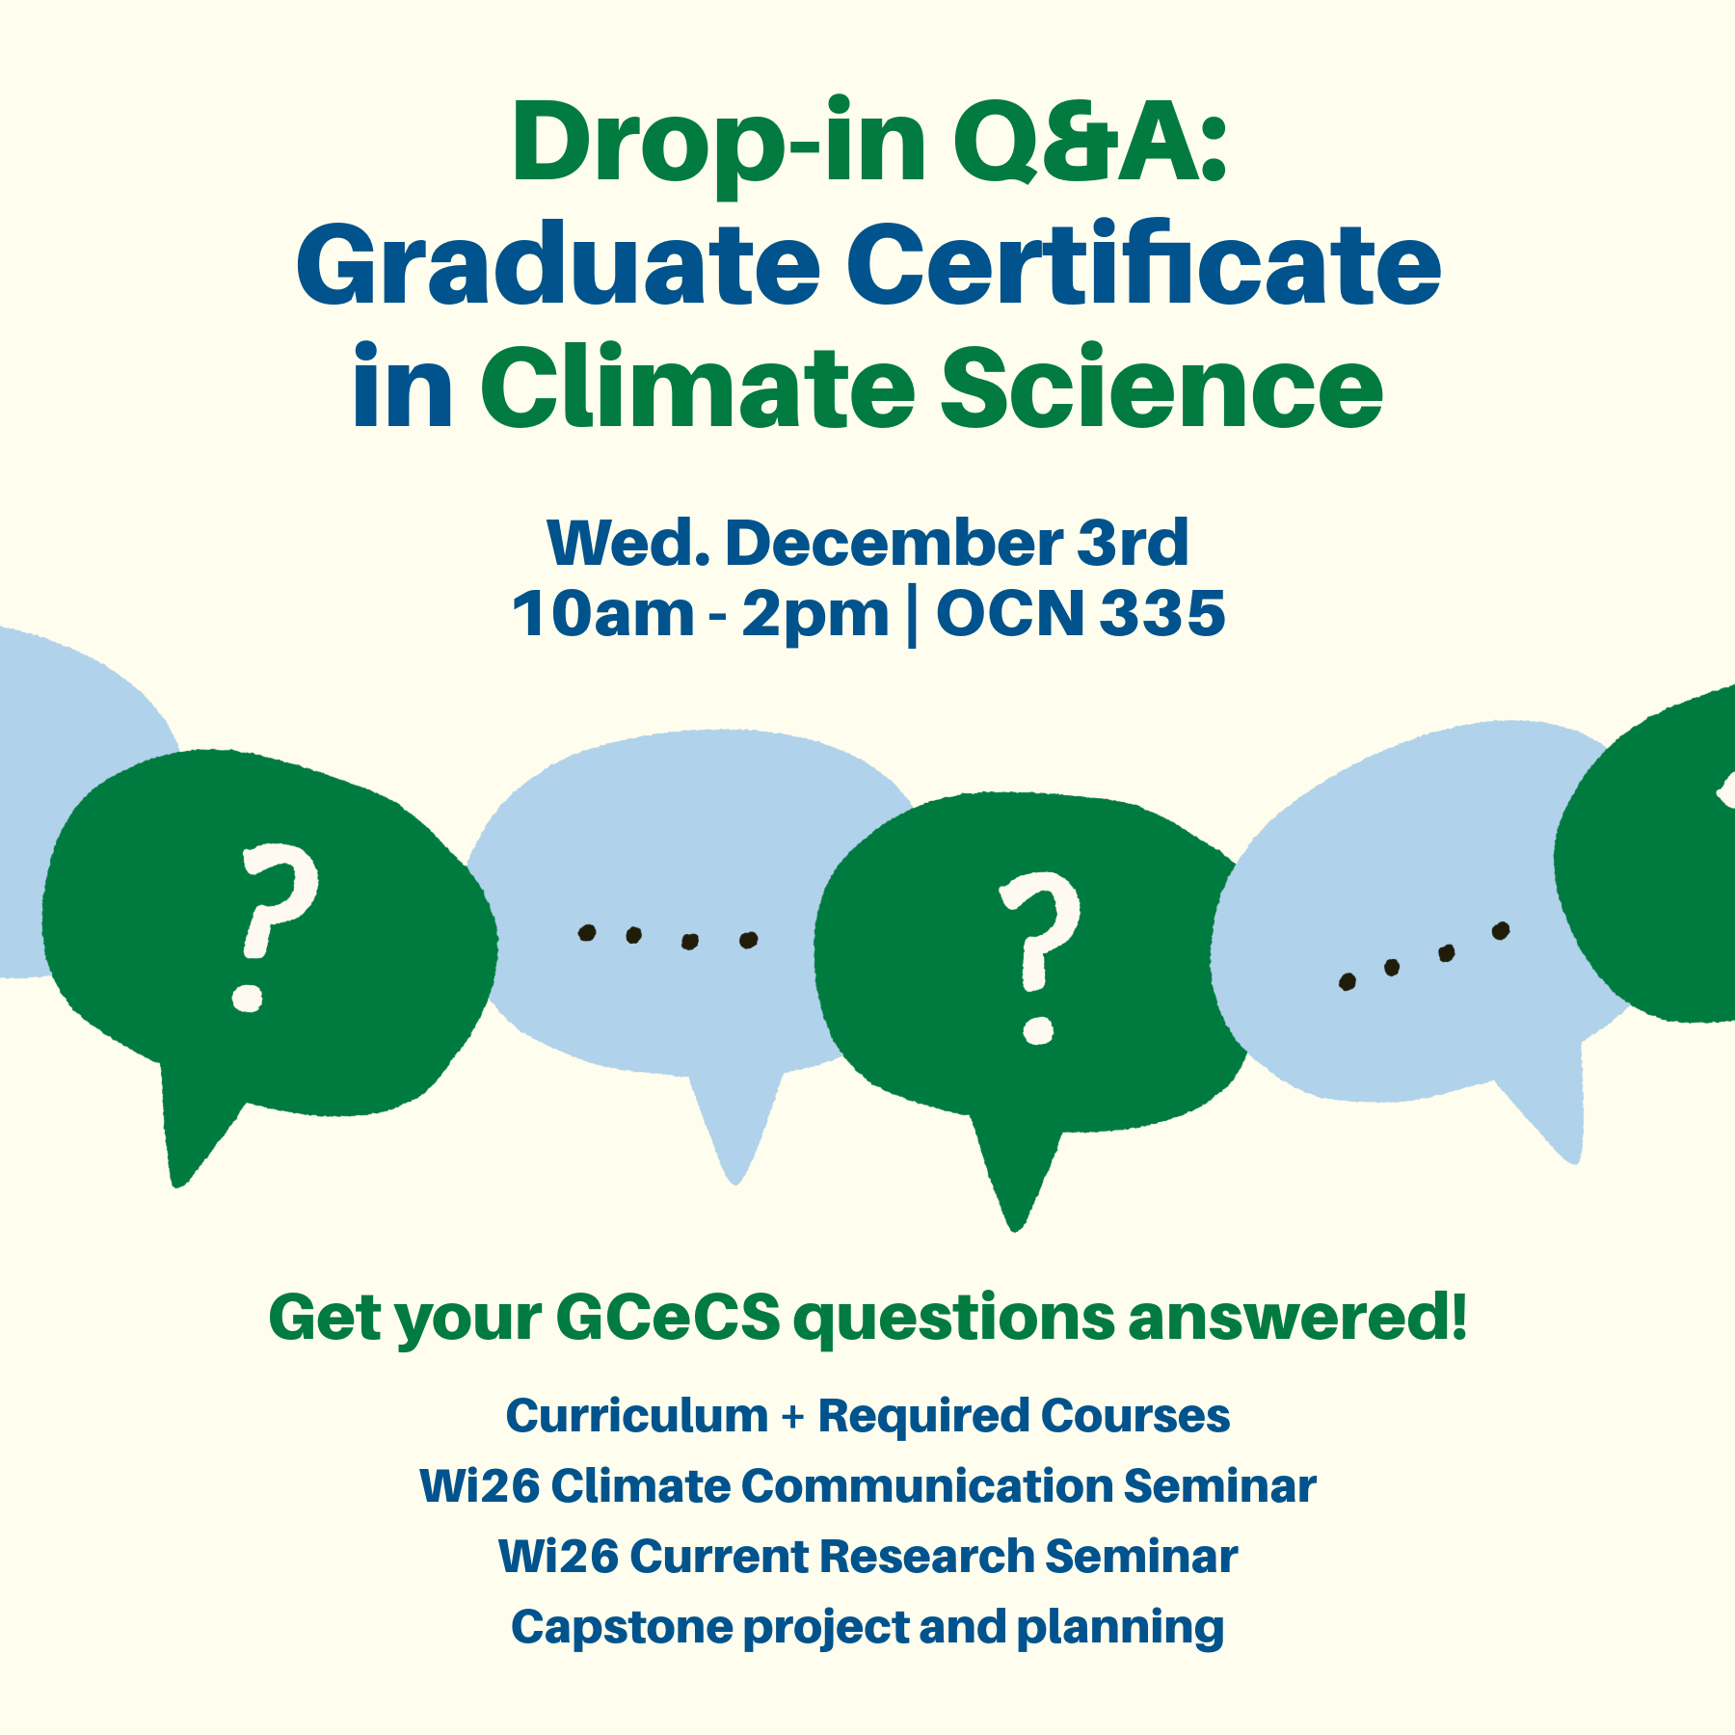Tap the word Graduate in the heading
pos(557,266)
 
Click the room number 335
pos(1162,614)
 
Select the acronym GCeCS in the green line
pos(667,1318)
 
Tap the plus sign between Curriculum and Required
pos(792,1418)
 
